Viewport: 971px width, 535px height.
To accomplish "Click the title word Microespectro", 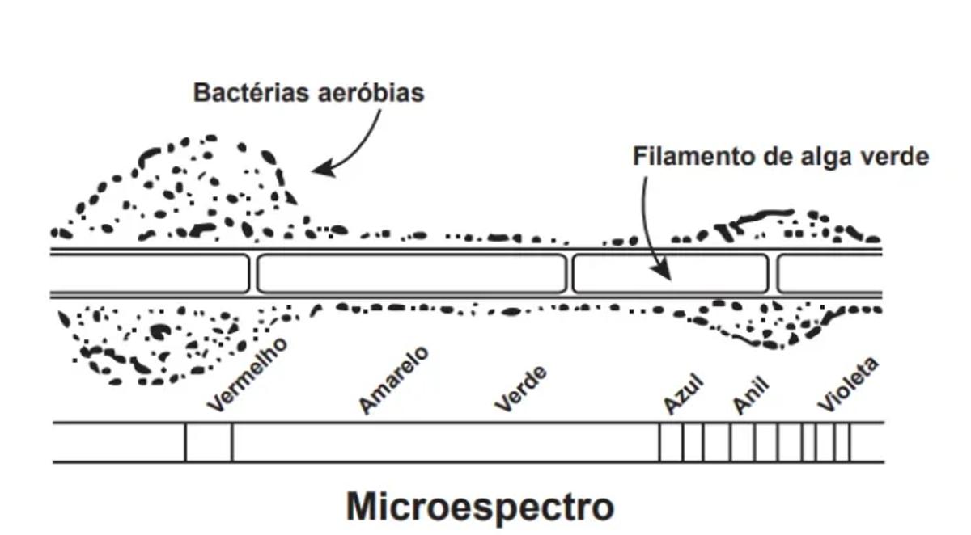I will click(x=480, y=508).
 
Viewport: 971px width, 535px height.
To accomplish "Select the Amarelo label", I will click(x=393, y=380).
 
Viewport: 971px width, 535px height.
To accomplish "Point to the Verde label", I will click(x=521, y=389).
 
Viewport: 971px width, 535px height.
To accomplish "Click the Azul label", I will click(x=684, y=394).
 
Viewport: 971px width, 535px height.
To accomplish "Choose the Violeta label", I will click(x=847, y=385).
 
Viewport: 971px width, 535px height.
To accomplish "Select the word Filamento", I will click(x=693, y=156).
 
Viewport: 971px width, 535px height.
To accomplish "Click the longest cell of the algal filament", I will click(x=411, y=274).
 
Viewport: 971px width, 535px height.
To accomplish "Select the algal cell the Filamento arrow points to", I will click(x=669, y=274).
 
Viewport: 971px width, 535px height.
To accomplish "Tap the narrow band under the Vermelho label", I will click(x=209, y=443).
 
